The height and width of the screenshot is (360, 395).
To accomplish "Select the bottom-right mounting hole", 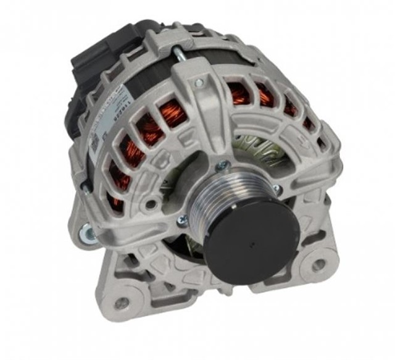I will click(318, 266).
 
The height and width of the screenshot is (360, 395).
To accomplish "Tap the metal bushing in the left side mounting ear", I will click(85, 233).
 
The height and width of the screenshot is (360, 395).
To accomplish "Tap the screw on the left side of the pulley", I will click(183, 220).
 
